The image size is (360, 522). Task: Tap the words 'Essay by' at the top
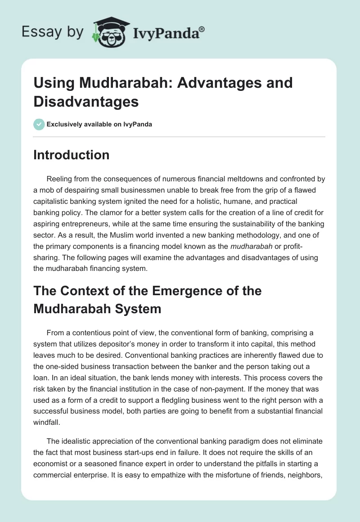click(x=52, y=31)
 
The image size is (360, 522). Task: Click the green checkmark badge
click(x=39, y=124)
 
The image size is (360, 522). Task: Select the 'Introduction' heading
click(x=72, y=155)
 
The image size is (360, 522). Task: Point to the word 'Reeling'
click(x=59, y=179)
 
